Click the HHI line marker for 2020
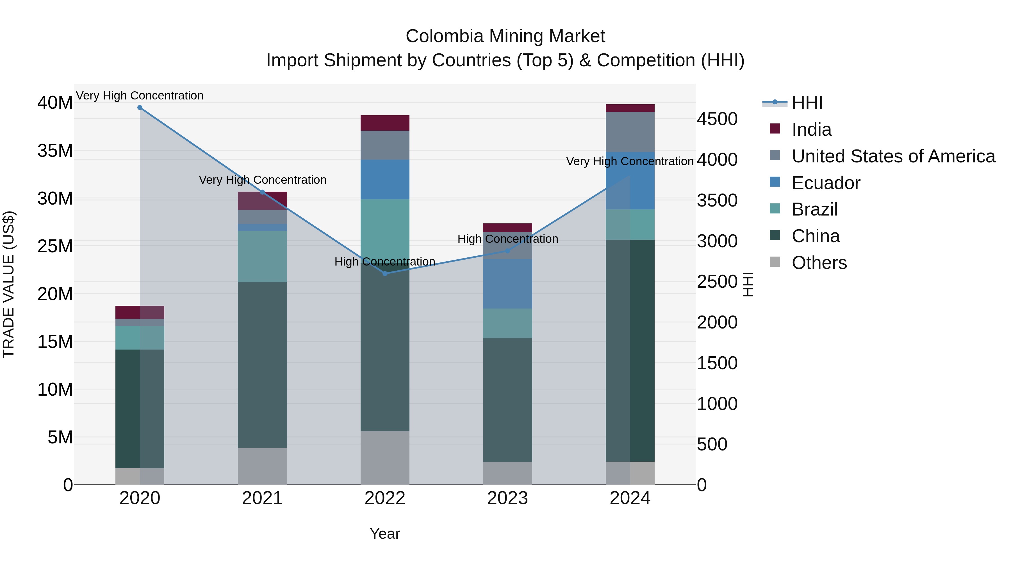pos(140,108)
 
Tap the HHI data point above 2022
pos(385,274)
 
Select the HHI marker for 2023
pos(507,251)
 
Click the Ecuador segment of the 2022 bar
pos(385,180)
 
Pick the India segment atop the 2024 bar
pos(630,108)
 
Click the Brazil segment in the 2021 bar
pos(262,257)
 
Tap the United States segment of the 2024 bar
pos(630,132)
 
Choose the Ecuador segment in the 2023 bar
pos(507,284)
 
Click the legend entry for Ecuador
pos(826,183)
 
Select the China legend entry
pos(816,236)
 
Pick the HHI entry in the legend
pos(807,103)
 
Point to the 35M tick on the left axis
pos(55,151)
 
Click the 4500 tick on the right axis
pos(717,119)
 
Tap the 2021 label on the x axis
pos(262,498)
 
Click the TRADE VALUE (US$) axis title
pos(9,285)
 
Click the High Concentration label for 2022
pos(385,262)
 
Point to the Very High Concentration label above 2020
pos(140,96)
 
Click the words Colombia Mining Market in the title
pos(505,36)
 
